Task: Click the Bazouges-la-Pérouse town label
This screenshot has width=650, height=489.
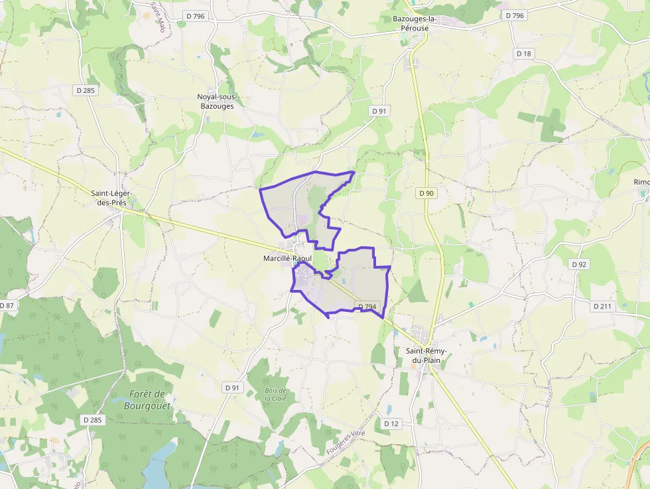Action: pos(421,23)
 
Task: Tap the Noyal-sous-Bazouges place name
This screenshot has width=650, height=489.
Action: pos(217,101)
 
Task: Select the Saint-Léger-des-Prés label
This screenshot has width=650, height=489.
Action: pos(112,198)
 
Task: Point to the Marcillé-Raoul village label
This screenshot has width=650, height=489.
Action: pos(287,258)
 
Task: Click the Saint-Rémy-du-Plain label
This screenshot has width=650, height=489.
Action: pos(426,356)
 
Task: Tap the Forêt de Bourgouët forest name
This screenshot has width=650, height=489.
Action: pos(147,399)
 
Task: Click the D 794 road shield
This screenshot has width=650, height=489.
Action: pos(367,307)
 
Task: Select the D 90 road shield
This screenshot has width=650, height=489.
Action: pos(426,193)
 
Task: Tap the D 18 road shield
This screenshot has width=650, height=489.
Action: pos(524,54)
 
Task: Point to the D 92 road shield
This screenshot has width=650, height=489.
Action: pos(579,264)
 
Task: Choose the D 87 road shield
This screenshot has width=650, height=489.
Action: pos(6,305)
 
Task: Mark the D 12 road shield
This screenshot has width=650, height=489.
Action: pos(391,423)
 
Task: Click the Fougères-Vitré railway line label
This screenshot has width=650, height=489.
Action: pos(346,443)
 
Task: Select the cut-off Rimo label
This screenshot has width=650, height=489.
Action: pos(641,182)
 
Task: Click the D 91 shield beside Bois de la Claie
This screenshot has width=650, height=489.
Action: pos(231,387)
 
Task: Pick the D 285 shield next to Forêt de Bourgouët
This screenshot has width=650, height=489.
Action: pos(94,420)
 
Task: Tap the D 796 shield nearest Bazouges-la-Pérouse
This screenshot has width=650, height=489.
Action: pos(515,15)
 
